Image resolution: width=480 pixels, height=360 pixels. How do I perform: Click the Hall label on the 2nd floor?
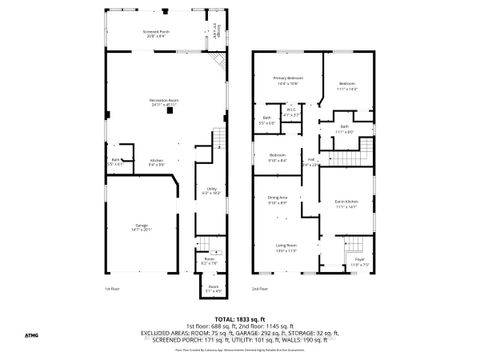[312, 161]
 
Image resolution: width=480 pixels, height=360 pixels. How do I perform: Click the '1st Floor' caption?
[113, 288]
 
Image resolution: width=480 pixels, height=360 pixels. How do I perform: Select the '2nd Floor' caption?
[259, 288]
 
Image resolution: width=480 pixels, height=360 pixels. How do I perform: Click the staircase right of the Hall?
[346, 159]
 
